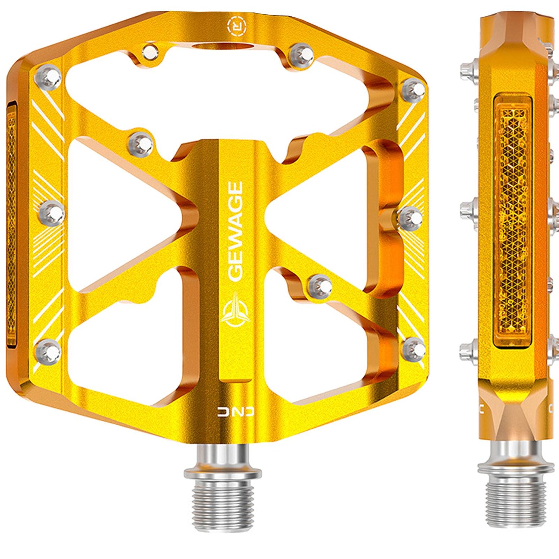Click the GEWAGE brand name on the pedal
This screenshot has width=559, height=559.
(x=234, y=231)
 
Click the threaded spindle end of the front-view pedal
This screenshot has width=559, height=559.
(x=222, y=499)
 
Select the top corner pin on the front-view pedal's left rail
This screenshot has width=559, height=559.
(x=48, y=76)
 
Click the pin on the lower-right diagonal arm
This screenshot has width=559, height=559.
(x=320, y=286)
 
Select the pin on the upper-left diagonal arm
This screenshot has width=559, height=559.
(x=141, y=142)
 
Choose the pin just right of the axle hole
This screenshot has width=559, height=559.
(x=302, y=53)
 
